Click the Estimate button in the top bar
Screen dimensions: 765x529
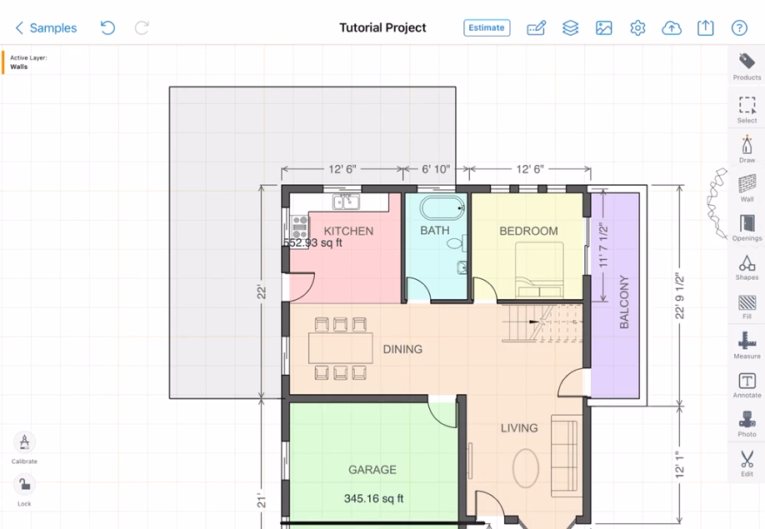click(487, 27)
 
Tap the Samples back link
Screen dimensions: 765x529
click(47, 27)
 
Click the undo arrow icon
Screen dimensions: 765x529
click(107, 27)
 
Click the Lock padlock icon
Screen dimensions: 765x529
click(24, 485)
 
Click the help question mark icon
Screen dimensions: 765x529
click(739, 27)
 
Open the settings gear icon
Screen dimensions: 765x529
click(637, 27)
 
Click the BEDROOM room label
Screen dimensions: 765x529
click(528, 231)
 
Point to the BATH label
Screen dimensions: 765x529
click(435, 230)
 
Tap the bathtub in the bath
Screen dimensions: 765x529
click(442, 208)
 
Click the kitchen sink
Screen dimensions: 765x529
click(346, 202)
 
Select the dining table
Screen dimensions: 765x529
click(341, 348)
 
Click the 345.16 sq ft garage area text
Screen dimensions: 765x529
click(373, 498)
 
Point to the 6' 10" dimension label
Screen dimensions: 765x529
click(436, 169)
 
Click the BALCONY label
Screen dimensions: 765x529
click(624, 302)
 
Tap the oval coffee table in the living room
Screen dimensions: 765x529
click(526, 468)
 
